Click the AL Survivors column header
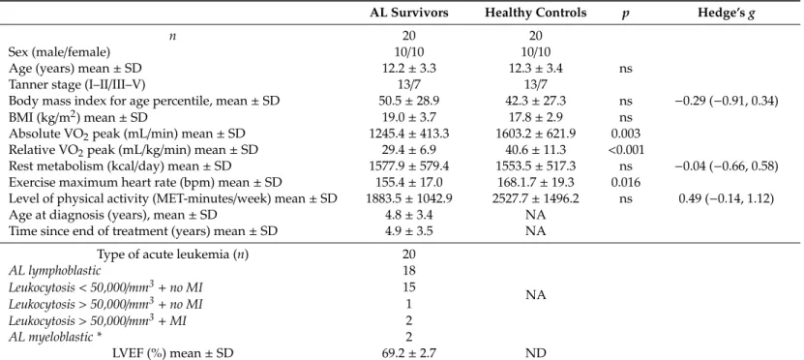[409, 14]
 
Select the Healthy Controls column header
[536, 14]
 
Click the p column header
[621, 15]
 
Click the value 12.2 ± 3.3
[409, 68]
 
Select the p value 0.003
[622, 134]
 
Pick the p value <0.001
[622, 150]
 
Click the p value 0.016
[622, 183]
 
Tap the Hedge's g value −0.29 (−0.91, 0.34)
[726, 101]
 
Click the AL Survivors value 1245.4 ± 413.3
[409, 134]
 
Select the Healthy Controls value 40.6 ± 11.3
[536, 150]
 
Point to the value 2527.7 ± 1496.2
[536, 199]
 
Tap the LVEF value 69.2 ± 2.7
[409, 353]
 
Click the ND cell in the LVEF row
[536, 353]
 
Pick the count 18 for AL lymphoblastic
[409, 270]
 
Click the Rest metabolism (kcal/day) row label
[119, 166]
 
